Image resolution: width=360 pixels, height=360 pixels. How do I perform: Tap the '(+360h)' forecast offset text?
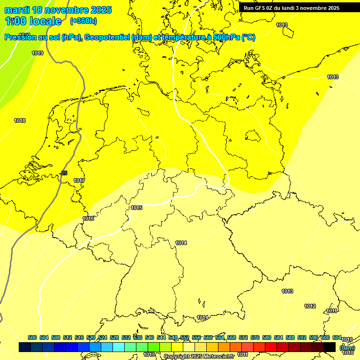coord(83,21)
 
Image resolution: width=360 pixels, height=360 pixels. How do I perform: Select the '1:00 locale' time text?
coord(33,21)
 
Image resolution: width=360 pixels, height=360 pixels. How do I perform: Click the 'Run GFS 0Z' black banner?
coord(291,8)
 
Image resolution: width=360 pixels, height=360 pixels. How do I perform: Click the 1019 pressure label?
coord(38,53)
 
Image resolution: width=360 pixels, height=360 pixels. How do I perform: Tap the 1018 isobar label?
coord(20,120)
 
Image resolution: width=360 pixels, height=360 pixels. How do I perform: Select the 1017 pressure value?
coord(79,180)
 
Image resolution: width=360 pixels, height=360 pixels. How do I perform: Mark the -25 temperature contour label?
coord(63,173)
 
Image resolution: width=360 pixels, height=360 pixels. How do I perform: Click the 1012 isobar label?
coord(310,306)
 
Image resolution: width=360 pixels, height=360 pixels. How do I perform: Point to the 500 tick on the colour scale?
coord(32,337)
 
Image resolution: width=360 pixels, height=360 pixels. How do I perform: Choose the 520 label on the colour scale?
coord(91,337)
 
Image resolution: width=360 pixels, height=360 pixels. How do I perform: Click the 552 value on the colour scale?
coord(185,337)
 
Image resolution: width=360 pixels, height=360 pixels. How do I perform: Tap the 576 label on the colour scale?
coord(255,337)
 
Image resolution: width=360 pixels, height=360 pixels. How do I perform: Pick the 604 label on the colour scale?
coord(337,337)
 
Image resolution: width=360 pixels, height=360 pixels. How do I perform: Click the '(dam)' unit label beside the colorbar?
coord(347,348)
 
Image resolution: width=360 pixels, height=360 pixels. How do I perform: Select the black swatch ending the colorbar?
coord(330,347)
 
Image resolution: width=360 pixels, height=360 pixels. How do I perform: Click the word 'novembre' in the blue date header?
coord(69,10)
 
